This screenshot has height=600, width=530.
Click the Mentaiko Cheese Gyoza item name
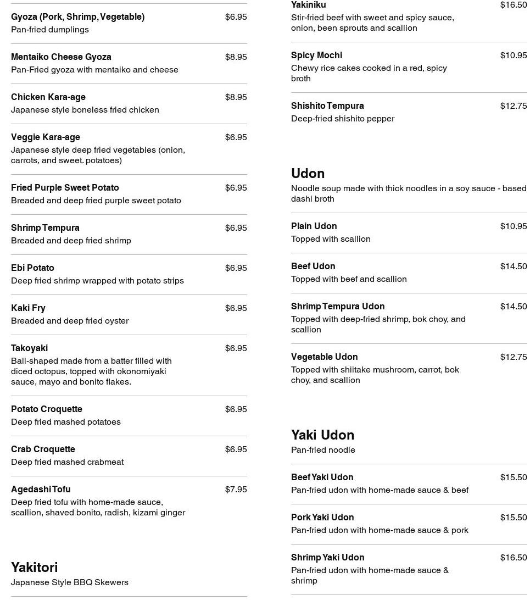tap(61, 57)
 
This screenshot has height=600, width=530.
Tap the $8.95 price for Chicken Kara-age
tap(236, 97)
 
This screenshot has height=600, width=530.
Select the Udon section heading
tap(308, 173)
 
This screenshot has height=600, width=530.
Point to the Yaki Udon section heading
tap(322, 435)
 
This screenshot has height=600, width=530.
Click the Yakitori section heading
tap(34, 567)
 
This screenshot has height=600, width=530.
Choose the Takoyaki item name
tap(29, 348)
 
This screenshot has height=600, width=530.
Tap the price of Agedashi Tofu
tap(236, 490)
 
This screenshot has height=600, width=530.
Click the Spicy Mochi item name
tap(316, 55)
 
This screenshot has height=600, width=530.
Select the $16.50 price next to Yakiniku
tap(513, 5)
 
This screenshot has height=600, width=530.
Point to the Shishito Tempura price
tap(513, 106)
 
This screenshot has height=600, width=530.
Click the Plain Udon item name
tap(314, 226)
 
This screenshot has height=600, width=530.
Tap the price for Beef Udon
tap(513, 266)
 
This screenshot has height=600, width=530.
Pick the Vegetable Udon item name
tap(324, 357)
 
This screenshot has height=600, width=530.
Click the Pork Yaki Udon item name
tap(322, 518)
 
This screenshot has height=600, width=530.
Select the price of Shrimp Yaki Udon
tap(513, 558)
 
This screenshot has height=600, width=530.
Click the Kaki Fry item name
tap(28, 308)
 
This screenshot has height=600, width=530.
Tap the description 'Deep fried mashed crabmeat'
tap(67, 462)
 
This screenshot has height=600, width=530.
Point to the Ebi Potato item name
tap(32, 268)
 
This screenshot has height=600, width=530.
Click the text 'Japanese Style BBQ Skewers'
tap(69, 582)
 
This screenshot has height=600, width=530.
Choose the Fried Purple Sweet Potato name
tap(65, 188)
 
